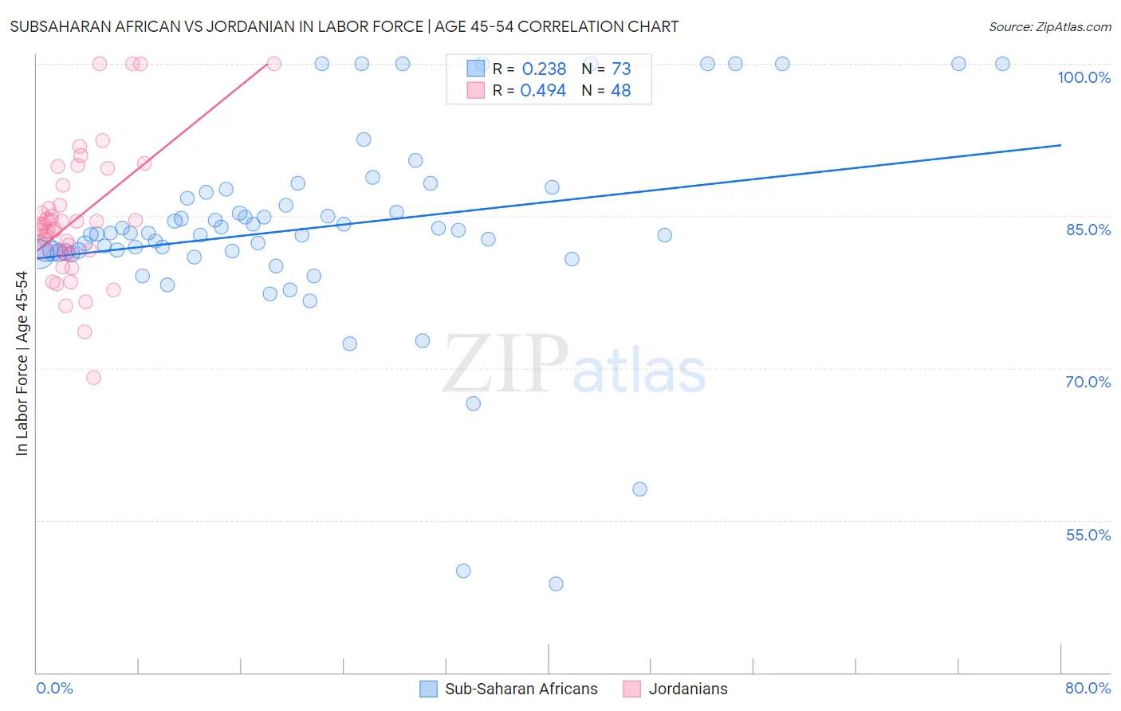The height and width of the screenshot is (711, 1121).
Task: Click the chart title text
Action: tap(344, 26)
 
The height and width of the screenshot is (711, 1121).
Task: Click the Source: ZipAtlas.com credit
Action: tap(1049, 26)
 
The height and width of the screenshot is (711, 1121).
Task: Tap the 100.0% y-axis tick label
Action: tap(1084, 77)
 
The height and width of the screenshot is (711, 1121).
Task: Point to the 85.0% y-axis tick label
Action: tap(1088, 230)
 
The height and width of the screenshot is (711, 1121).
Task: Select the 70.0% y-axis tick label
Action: tap(1088, 382)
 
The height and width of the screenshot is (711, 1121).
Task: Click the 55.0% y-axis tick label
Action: tap(1088, 535)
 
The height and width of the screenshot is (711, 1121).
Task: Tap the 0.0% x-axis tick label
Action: tap(54, 688)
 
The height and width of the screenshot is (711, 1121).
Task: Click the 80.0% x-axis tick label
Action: tap(1088, 688)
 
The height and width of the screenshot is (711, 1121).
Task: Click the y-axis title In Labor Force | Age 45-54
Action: tap(22, 363)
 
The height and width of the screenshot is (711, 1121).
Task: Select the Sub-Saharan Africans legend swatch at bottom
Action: tap(429, 689)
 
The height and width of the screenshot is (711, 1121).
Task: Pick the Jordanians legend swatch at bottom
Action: tap(632, 689)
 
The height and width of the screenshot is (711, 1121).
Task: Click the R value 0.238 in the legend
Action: tap(544, 69)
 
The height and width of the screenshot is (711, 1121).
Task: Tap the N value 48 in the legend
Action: tap(620, 91)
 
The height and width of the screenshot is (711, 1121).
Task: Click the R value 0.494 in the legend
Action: tap(543, 91)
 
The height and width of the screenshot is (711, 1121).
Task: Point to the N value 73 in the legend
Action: tap(621, 69)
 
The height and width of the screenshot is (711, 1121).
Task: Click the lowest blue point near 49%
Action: tap(556, 583)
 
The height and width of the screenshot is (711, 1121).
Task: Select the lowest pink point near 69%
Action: tap(93, 377)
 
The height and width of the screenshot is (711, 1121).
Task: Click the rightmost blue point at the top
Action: tap(1002, 64)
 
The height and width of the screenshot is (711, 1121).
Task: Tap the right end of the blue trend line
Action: tap(1060, 145)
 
